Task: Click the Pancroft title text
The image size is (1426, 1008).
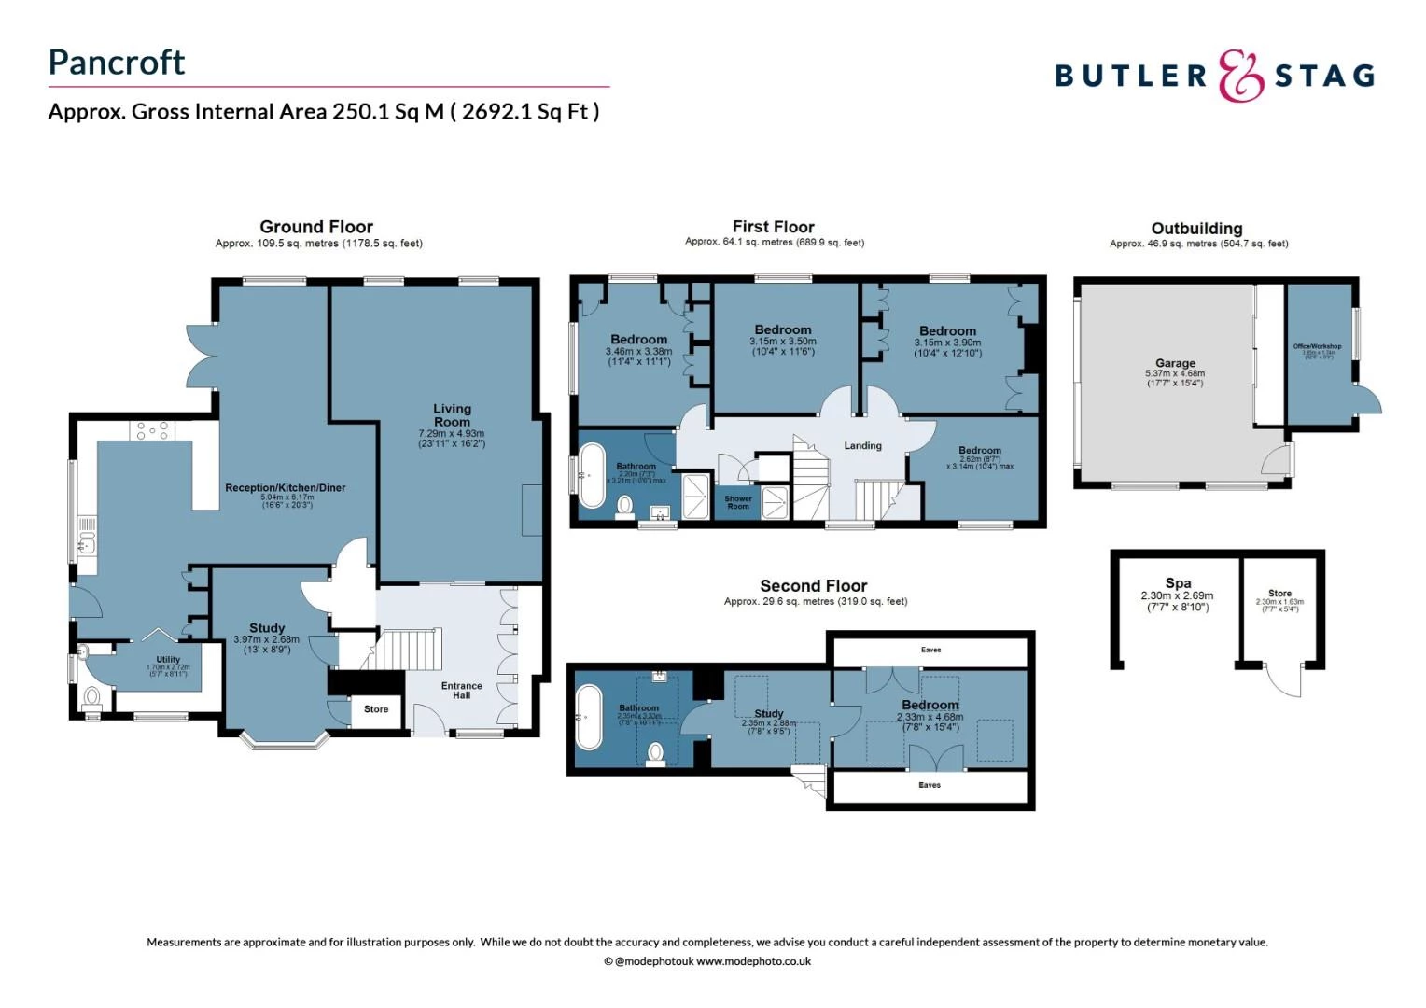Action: (x=117, y=63)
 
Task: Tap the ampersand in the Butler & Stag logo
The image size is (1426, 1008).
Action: (x=1240, y=76)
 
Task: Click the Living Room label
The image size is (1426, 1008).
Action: (x=452, y=415)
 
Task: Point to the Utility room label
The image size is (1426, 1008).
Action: (x=168, y=660)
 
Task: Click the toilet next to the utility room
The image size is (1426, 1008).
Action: (x=91, y=696)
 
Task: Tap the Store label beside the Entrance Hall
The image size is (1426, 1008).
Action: (x=376, y=709)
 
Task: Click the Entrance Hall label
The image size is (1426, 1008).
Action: (x=462, y=690)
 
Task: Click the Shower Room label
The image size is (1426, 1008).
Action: (x=738, y=502)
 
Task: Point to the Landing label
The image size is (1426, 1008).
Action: (x=862, y=446)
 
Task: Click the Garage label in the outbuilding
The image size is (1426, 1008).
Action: (x=1175, y=363)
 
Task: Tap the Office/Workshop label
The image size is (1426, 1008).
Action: (x=1317, y=346)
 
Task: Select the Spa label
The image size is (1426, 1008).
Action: (x=1178, y=583)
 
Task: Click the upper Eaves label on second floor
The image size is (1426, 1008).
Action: (x=930, y=650)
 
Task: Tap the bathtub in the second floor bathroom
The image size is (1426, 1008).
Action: (x=590, y=718)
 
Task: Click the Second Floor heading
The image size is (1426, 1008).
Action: (x=813, y=586)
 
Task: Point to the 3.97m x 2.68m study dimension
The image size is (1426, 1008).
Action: (x=267, y=639)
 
